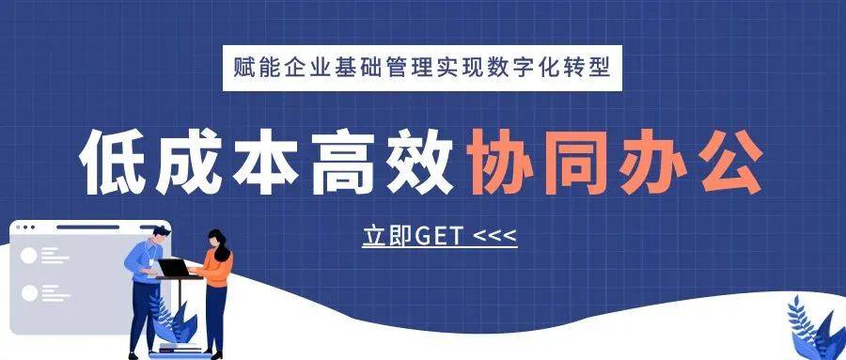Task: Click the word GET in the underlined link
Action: click(440, 237)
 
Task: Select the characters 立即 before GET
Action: click(387, 237)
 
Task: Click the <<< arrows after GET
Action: click(494, 237)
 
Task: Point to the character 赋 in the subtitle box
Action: click(243, 69)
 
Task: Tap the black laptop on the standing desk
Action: click(174, 268)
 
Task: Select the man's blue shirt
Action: click(143, 261)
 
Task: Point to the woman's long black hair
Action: click(220, 245)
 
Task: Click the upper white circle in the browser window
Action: click(28, 256)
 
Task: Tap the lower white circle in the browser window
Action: click(28, 293)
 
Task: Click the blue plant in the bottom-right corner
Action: click(814, 328)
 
